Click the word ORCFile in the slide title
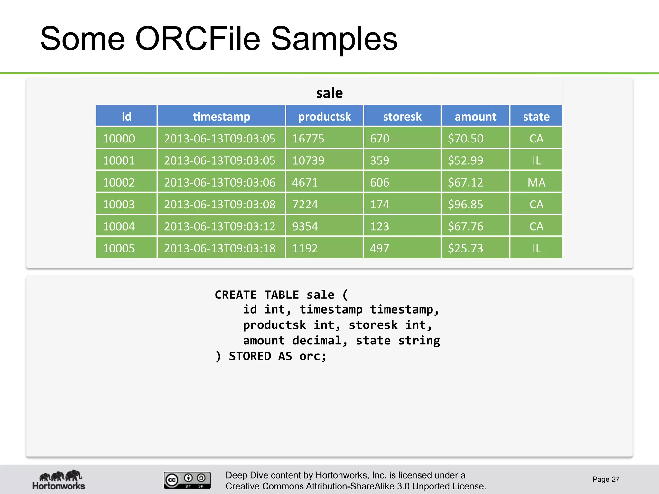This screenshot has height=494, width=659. point(198,39)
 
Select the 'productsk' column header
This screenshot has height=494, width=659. point(324,116)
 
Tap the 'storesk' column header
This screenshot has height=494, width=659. point(402,116)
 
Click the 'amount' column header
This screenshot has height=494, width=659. point(475,116)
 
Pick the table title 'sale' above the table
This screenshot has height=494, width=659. point(329,93)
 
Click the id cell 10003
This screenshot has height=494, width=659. point(119,205)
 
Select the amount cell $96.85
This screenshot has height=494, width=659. point(465,205)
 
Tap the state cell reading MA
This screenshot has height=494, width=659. point(536,183)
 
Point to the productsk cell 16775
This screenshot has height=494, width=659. point(308,139)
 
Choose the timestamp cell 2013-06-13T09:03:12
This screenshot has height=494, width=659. point(220,226)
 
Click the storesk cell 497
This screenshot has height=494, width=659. point(379,248)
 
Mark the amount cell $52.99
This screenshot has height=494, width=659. point(465,160)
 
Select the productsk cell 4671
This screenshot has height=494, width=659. point(305,183)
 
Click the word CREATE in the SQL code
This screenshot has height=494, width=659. point(236,295)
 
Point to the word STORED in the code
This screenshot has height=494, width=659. point(250,356)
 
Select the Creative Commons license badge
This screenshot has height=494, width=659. point(187,480)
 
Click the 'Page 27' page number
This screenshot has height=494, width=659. point(606,479)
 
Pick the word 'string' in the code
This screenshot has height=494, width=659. point(419,341)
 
